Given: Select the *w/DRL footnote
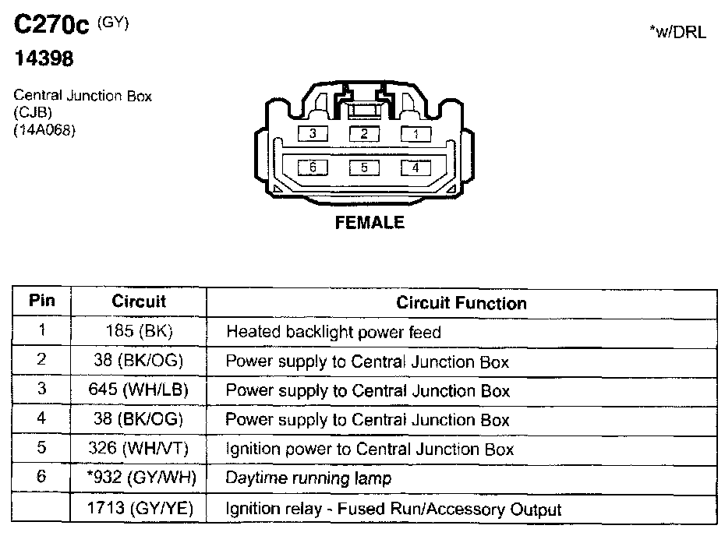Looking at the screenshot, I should click(677, 33).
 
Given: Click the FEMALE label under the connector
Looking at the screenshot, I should click(370, 223).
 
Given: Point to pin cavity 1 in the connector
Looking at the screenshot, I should click(416, 134).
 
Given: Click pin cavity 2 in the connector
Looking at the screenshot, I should click(364, 134).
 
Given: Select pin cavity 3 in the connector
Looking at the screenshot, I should click(312, 134).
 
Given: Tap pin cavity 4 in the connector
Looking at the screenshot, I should click(416, 167).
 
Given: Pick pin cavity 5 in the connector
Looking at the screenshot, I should click(364, 167).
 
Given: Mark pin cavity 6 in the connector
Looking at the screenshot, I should click(312, 167).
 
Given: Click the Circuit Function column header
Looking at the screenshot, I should click(462, 302).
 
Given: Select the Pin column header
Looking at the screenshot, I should click(42, 301).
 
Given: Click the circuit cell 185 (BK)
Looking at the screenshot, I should click(139, 332).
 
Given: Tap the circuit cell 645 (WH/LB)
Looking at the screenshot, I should click(139, 390).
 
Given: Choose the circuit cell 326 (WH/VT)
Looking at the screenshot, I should click(139, 450).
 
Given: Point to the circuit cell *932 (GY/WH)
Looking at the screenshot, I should click(139, 478).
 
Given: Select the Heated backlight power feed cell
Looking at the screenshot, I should click(334, 332).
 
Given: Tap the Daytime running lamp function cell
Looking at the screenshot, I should click(309, 478).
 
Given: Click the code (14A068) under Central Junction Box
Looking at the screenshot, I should click(44, 131).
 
